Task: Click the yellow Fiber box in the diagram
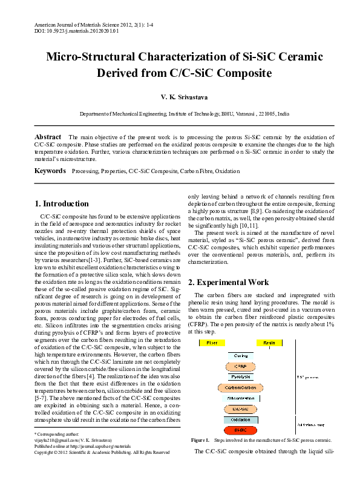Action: tap(212, 343)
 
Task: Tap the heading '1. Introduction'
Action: tap(62, 203)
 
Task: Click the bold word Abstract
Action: tap(48, 137)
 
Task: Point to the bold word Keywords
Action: tap(50, 171)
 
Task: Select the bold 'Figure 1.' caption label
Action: tap(200, 440)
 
